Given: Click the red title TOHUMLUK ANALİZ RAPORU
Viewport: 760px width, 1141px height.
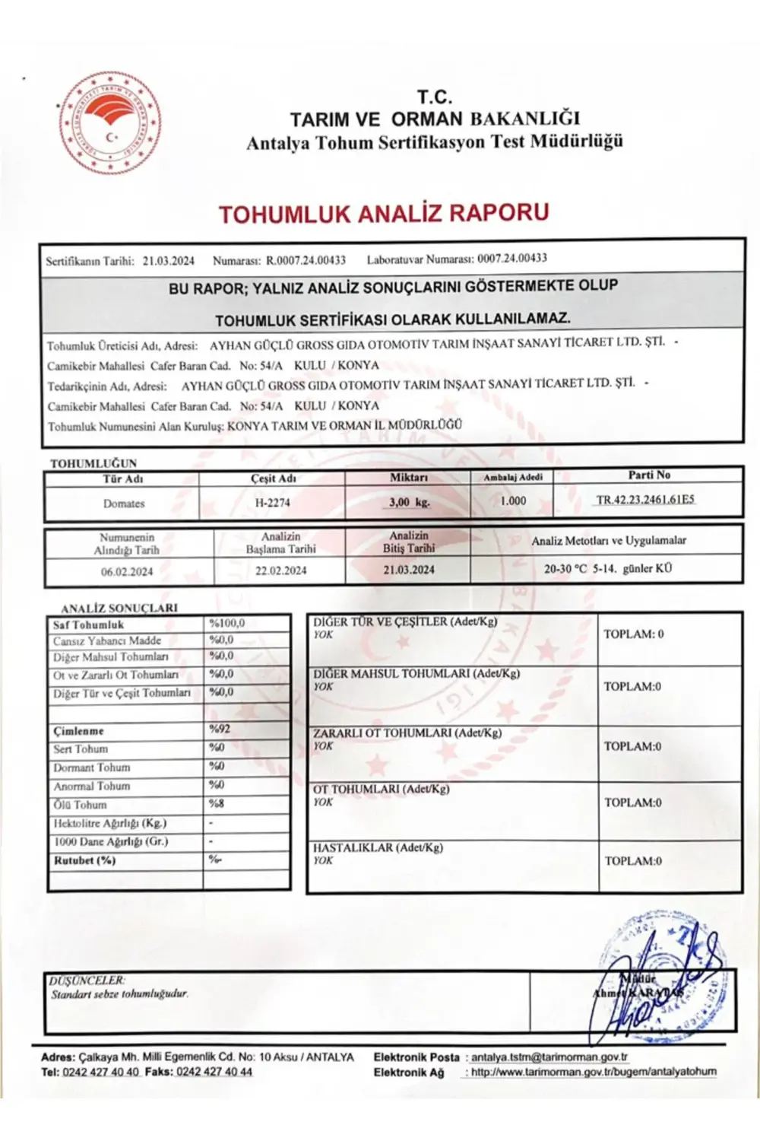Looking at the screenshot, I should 384,213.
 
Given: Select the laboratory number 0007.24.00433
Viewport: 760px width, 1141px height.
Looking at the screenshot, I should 512,259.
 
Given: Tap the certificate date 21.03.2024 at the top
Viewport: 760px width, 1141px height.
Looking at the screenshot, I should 169,261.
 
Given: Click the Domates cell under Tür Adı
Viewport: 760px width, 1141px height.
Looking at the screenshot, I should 124,504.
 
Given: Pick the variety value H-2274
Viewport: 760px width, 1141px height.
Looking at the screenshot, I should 272,503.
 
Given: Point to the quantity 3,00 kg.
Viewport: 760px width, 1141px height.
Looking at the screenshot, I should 409,502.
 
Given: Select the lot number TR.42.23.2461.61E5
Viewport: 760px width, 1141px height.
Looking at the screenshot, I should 645,500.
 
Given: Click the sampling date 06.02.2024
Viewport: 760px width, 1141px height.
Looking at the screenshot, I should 127,571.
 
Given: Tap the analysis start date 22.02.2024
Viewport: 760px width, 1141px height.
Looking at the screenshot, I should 281,570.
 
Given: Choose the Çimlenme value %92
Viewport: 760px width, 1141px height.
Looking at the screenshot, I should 220,729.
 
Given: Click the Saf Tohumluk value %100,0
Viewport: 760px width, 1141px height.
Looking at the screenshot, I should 227,624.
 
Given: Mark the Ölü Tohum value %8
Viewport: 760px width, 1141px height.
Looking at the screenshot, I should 217,803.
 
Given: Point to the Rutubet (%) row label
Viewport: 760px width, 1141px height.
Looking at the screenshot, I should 84,860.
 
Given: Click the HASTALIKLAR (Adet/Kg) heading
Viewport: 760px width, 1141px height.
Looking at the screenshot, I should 378,847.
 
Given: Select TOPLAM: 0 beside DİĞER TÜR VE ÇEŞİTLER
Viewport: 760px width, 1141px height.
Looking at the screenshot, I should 633,634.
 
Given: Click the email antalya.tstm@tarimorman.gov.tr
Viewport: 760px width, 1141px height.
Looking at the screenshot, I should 549,1057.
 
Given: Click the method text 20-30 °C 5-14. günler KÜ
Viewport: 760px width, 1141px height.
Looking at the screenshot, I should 608,568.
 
